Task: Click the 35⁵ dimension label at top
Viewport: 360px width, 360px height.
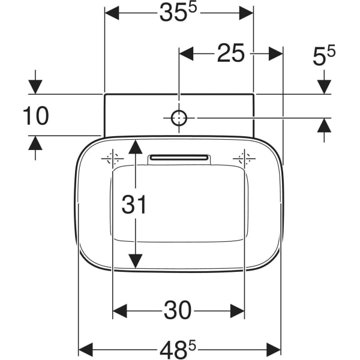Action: [179, 13]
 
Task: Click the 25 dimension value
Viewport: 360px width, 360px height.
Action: [231, 54]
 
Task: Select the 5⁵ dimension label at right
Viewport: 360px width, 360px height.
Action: [324, 56]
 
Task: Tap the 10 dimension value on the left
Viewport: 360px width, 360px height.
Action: [35, 116]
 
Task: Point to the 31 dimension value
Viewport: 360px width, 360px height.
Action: [134, 205]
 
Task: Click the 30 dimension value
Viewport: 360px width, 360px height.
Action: [179, 311]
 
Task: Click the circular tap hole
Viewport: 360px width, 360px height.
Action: [179, 118]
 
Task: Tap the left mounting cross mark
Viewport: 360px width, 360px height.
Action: [113, 159]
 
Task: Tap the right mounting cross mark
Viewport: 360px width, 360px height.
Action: [245, 159]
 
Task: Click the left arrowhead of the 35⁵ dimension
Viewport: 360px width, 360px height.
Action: [112, 13]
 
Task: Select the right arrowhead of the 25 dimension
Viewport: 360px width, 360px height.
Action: [275, 54]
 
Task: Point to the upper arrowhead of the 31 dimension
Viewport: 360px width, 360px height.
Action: [136, 146]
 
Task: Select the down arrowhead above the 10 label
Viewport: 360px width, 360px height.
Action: [35, 87]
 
